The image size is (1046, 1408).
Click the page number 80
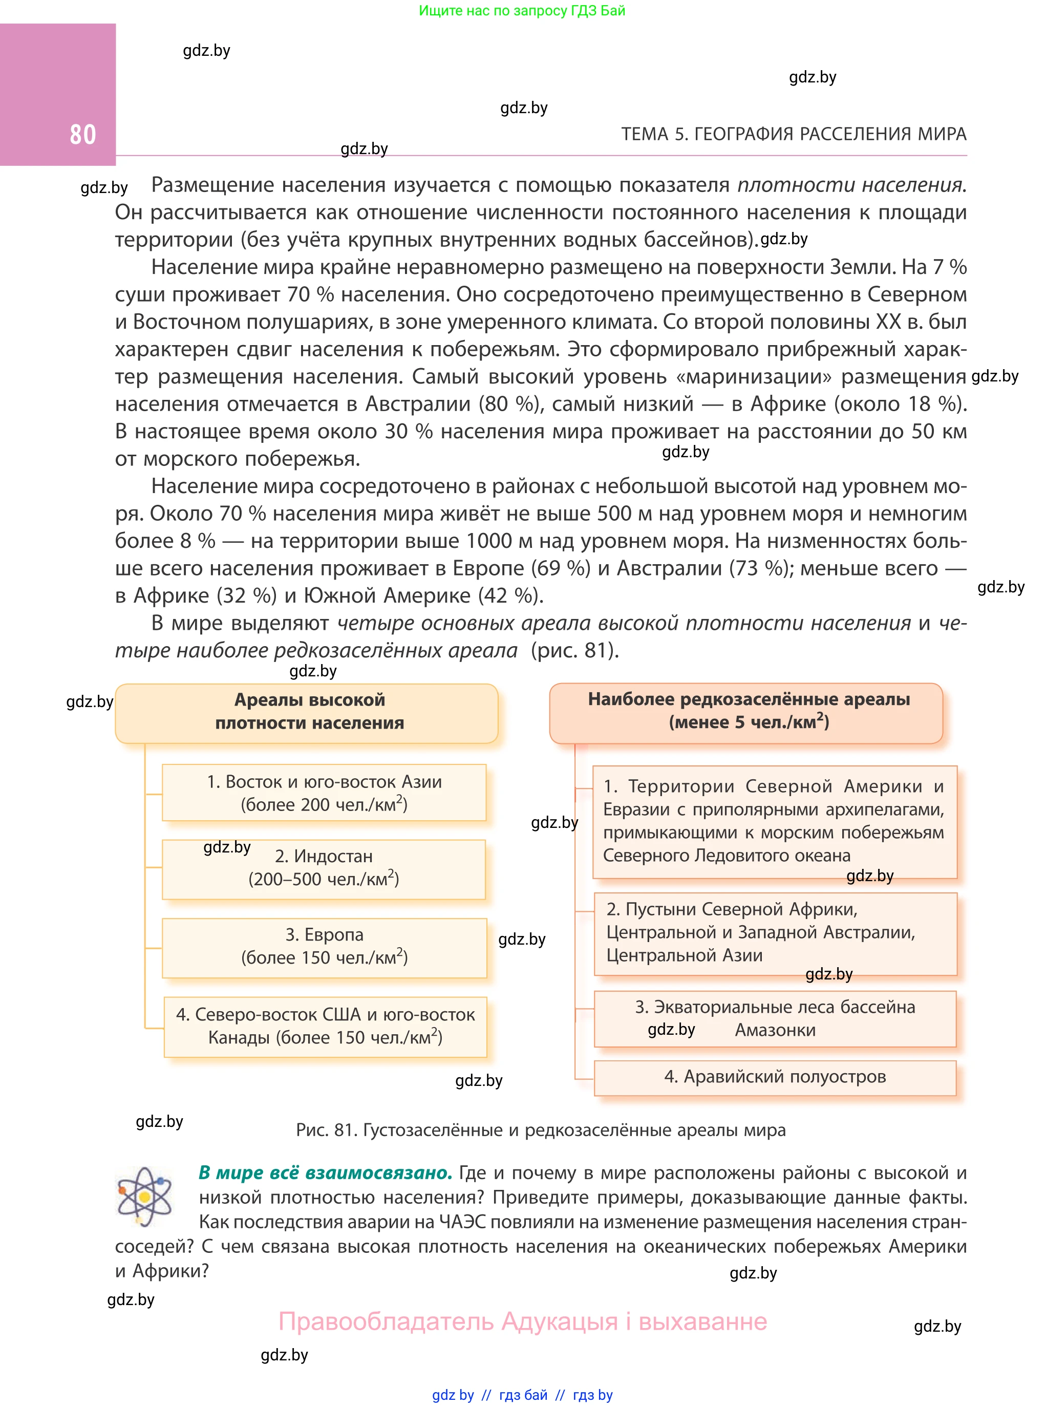click(83, 135)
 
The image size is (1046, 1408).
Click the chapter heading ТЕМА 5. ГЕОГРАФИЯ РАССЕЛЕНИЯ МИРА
click(794, 134)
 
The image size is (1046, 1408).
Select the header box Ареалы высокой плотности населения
click(309, 712)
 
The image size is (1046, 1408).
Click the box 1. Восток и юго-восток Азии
click(324, 793)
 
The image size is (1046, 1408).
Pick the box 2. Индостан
click(324, 868)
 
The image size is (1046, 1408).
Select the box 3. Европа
click(324, 947)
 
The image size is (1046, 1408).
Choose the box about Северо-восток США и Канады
click(326, 1026)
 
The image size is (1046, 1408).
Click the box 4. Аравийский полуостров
click(775, 1077)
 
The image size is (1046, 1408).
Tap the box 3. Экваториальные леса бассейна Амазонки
click(775, 1019)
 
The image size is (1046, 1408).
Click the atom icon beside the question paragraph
click(144, 1197)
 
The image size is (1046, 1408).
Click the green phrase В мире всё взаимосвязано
click(326, 1173)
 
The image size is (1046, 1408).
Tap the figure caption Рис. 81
click(540, 1130)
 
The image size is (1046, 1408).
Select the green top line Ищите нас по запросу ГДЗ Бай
click(522, 11)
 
